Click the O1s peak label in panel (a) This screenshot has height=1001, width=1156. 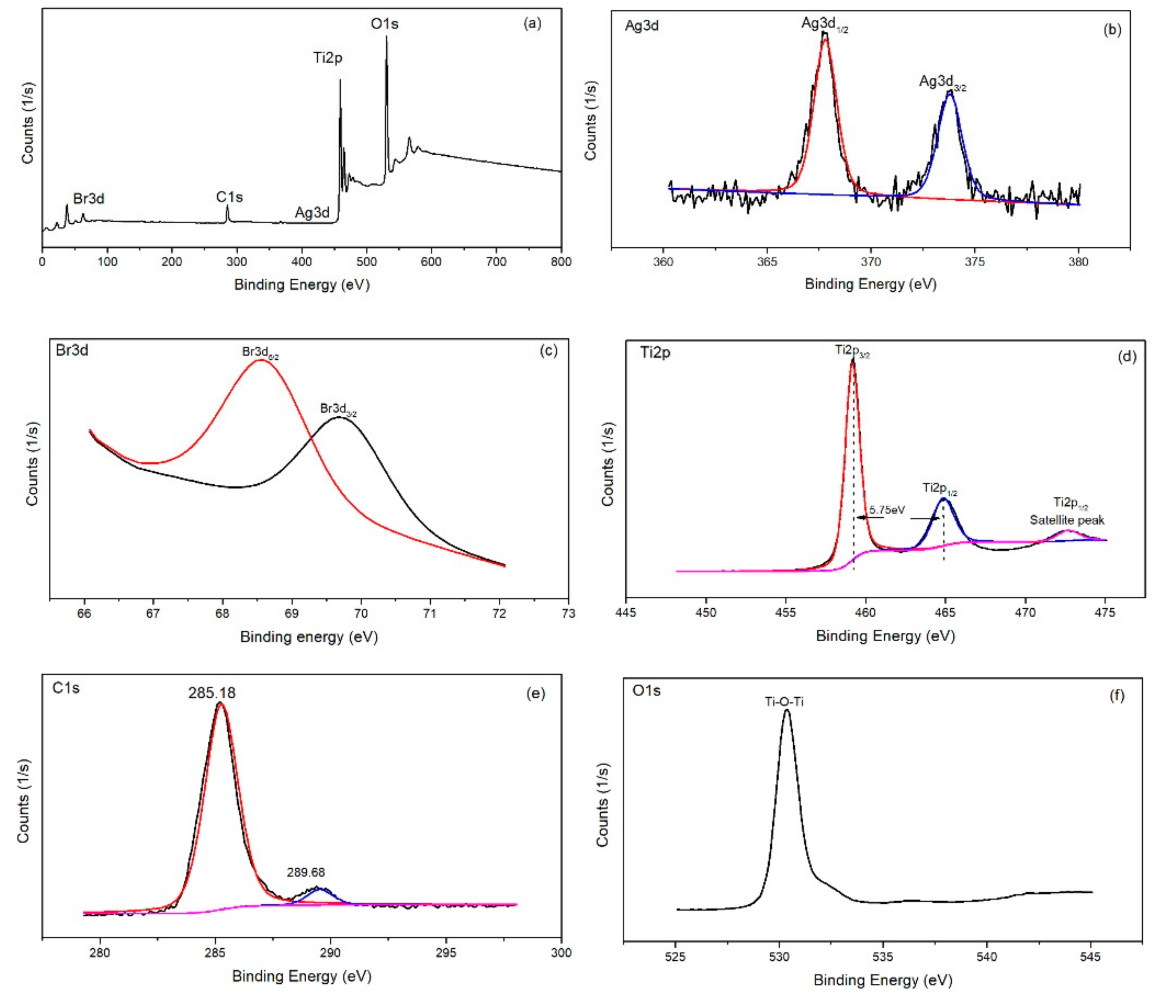(x=384, y=24)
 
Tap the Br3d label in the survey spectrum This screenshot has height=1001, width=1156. (x=89, y=199)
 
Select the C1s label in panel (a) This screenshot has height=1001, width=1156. (x=230, y=197)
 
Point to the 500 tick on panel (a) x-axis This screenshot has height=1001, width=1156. (x=367, y=262)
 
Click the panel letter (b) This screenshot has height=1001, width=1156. (x=1112, y=30)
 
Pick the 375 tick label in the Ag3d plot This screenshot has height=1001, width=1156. (x=974, y=262)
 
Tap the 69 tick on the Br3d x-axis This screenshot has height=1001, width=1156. (x=291, y=613)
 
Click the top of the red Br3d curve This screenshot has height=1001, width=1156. (x=260, y=360)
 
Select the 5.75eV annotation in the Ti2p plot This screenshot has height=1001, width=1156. (x=887, y=510)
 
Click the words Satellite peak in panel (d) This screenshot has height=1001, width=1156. (x=1067, y=520)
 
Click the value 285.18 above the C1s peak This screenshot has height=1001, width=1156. (x=212, y=693)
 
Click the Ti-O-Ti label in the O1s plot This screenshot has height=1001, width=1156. (x=784, y=702)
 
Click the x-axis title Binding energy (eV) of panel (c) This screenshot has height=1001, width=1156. (x=309, y=637)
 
